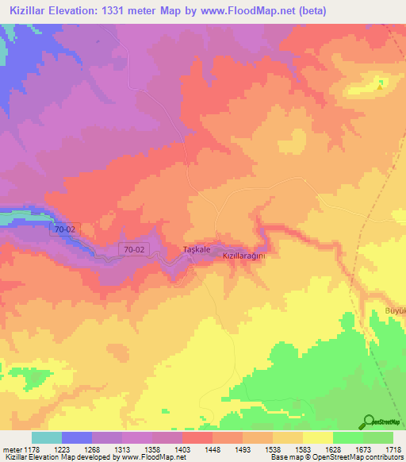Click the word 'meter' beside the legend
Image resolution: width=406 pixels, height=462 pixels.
tap(13, 448)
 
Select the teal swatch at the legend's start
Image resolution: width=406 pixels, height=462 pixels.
tap(46, 437)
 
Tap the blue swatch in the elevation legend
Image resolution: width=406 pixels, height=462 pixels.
tap(76, 437)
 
